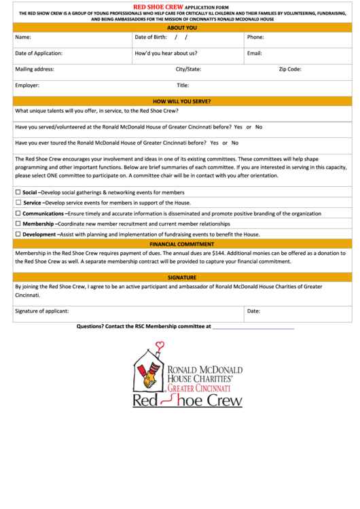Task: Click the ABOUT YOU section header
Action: tap(181, 28)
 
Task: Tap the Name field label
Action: tap(22, 37)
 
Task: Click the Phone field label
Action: tap(255, 37)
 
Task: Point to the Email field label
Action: tap(255, 53)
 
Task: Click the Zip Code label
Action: tap(289, 69)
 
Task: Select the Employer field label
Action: tap(27, 86)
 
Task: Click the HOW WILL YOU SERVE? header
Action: tap(181, 101)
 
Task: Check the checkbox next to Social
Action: tap(18, 192)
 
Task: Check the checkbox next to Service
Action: tap(18, 203)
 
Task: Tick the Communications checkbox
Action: tap(18, 213)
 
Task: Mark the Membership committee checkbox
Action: tap(18, 224)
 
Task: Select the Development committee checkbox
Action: tap(18, 234)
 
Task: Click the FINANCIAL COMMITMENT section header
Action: tap(181, 244)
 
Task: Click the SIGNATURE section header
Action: tap(181, 277)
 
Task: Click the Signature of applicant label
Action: tap(41, 311)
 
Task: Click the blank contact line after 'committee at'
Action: tap(253, 327)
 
